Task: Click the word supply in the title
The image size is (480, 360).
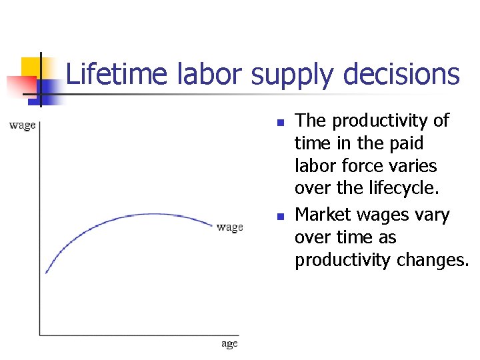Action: click(x=290, y=74)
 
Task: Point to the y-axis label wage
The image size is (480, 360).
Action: click(x=22, y=125)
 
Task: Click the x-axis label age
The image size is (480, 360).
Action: click(x=229, y=344)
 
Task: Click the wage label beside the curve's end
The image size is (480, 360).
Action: click(x=230, y=227)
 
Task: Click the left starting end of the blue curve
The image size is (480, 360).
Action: click(x=45, y=273)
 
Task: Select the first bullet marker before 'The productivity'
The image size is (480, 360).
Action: click(x=281, y=123)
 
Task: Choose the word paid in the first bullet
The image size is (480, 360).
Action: click(x=405, y=143)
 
